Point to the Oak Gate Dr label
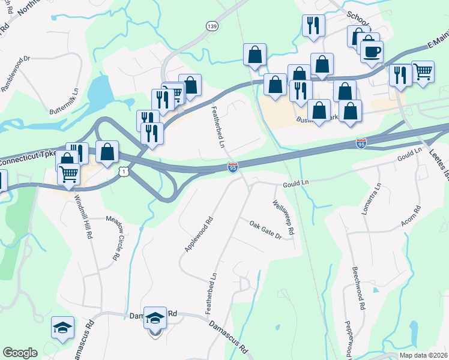265,229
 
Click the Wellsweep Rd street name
283,218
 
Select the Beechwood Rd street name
359,288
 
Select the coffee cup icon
371,52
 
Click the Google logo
20,353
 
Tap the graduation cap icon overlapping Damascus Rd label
155,319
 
